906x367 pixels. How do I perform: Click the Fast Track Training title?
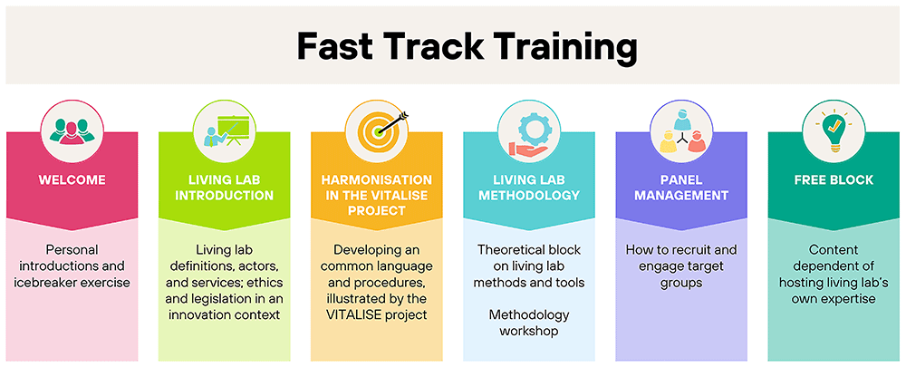point(467,47)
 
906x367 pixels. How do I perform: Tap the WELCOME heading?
point(72,180)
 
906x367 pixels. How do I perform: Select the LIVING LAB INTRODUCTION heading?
point(224,188)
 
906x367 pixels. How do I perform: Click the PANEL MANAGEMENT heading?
point(681,188)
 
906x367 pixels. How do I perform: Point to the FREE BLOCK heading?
point(834,180)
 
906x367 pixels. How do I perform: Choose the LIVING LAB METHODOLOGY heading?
point(529,188)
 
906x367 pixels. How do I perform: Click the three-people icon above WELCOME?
point(72,130)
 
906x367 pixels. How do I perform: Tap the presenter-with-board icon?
point(224,131)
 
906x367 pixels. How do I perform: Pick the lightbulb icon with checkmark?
point(834,130)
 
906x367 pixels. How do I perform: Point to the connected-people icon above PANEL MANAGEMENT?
point(681,130)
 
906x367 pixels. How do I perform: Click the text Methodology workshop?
point(529,324)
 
